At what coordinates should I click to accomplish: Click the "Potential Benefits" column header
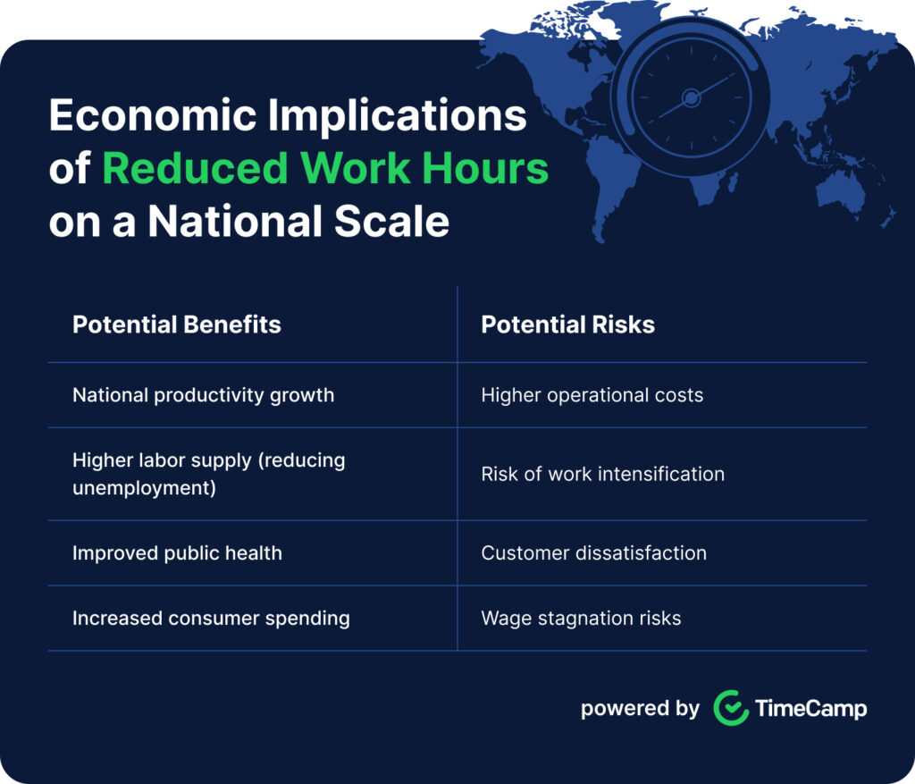pyautogui.click(x=176, y=325)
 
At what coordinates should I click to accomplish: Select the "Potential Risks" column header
pyautogui.click(x=567, y=325)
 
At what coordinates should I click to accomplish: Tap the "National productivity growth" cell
pyautogui.click(x=203, y=395)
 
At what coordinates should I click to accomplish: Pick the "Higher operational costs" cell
pyautogui.click(x=592, y=395)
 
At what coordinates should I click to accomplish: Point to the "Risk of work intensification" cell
pyautogui.click(x=602, y=474)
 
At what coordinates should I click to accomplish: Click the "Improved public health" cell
pyautogui.click(x=177, y=552)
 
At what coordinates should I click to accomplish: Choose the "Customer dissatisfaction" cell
pyautogui.click(x=593, y=552)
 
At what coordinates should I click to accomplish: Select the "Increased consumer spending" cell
pyautogui.click(x=211, y=618)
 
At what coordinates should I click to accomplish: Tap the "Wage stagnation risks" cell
pyautogui.click(x=581, y=618)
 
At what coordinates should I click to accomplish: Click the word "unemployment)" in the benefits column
pyautogui.click(x=144, y=488)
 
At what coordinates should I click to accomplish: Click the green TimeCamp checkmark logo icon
pyautogui.click(x=731, y=708)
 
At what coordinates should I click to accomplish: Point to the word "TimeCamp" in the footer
pyautogui.click(x=810, y=709)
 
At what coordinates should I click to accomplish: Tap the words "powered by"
pyautogui.click(x=640, y=709)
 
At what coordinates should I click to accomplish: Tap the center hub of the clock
pyautogui.click(x=690, y=97)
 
